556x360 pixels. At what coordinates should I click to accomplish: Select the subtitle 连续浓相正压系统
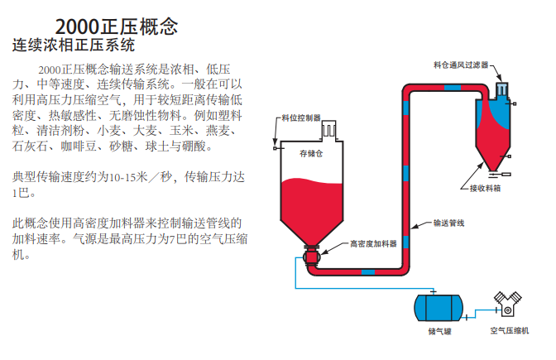tap(74, 46)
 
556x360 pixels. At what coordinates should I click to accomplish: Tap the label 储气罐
tap(439, 331)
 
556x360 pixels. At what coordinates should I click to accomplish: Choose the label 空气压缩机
tap(509, 331)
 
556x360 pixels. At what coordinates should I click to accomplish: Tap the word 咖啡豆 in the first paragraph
tap(77, 146)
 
